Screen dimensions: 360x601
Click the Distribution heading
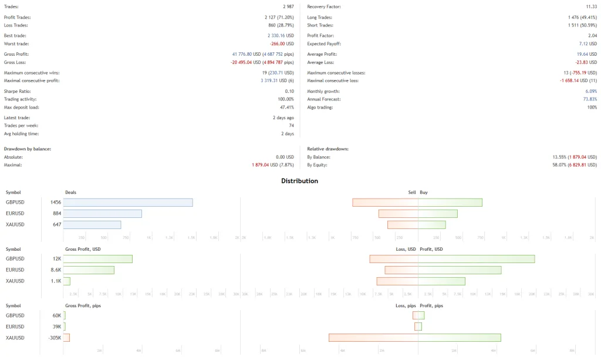(x=299, y=181)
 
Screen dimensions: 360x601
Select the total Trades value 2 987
(x=285, y=6)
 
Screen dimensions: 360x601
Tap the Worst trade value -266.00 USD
(x=282, y=43)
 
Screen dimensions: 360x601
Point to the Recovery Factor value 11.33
(x=590, y=6)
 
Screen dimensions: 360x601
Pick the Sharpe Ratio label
(x=18, y=91)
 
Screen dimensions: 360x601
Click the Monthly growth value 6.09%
(x=590, y=91)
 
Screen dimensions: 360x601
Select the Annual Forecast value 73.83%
(x=589, y=99)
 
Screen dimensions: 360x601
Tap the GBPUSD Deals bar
(x=128, y=202)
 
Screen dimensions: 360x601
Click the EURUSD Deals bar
(x=102, y=213)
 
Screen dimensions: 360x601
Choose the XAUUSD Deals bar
(x=92, y=224)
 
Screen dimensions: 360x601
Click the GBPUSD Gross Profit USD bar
(x=98, y=258)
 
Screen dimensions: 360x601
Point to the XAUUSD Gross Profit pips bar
(x=66, y=337)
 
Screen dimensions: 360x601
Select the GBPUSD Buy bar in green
(x=450, y=202)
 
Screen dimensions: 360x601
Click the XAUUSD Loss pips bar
(x=373, y=337)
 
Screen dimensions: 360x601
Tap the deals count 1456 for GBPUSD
(x=55, y=202)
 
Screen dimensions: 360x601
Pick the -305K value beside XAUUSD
(x=53, y=337)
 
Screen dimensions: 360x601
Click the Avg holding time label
(x=21, y=134)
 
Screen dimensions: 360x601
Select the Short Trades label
(x=320, y=25)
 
